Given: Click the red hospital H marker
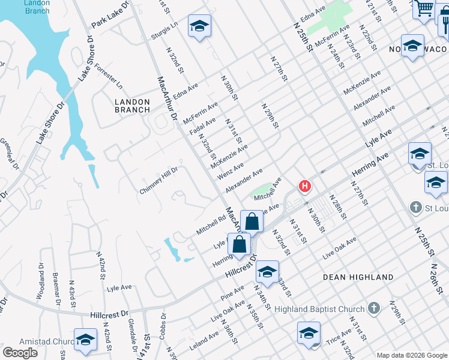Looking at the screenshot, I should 305,187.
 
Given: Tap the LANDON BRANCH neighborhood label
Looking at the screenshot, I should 132,106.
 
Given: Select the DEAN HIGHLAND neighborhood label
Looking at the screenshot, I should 358,277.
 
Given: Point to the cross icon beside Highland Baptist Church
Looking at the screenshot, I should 374,308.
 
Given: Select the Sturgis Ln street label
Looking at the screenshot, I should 165,31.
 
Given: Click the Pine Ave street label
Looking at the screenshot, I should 232,293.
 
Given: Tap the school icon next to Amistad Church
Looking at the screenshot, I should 85,340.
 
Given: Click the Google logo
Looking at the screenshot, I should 20,353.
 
